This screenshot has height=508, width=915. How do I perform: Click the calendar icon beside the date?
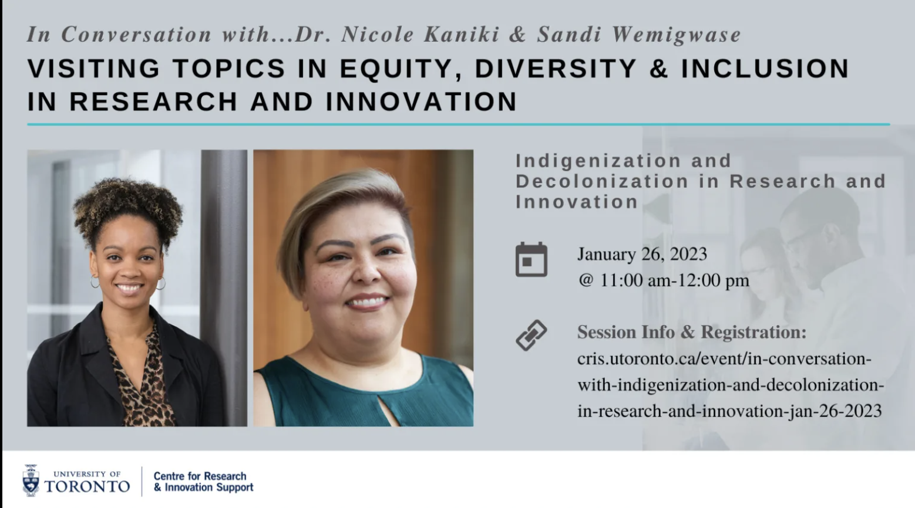pos(531,259)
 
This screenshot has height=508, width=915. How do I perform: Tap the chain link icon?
pos(531,336)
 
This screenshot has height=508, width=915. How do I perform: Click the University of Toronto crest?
pos(31,480)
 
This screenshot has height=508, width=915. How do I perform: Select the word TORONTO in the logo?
pos(87,486)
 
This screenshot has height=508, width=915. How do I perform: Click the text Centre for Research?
pos(200,476)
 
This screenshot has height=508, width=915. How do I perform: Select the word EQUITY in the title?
pos(401,69)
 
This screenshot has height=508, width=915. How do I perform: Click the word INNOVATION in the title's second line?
pos(422,101)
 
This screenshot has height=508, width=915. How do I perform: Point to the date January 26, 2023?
pos(642,254)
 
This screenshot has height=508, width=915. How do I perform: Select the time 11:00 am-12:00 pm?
pos(674,280)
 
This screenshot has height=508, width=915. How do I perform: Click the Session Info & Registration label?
pos(692,332)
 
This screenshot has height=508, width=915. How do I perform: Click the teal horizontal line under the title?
pos(458,124)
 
